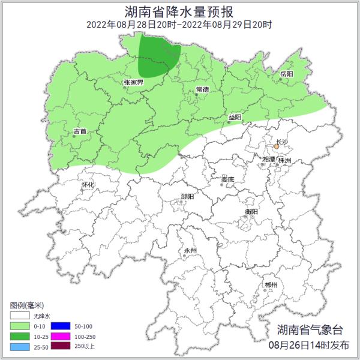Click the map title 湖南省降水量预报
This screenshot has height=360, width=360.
point(180,11)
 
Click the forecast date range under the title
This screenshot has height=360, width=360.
point(179,25)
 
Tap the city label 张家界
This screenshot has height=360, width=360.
point(133,82)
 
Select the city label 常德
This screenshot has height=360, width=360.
point(202,89)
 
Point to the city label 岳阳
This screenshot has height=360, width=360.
point(286,73)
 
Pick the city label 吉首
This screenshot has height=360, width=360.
point(80,131)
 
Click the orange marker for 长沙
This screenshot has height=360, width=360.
point(276,146)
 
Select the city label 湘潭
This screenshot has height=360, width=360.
point(269,160)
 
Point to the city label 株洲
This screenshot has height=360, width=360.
point(286,161)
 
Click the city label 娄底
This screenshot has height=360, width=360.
point(227,179)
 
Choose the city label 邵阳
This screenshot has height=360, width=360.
point(187,196)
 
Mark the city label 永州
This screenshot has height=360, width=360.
point(190,250)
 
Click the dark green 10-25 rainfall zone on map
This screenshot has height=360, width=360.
point(158,57)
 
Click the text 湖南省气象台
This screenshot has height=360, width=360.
point(310,329)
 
